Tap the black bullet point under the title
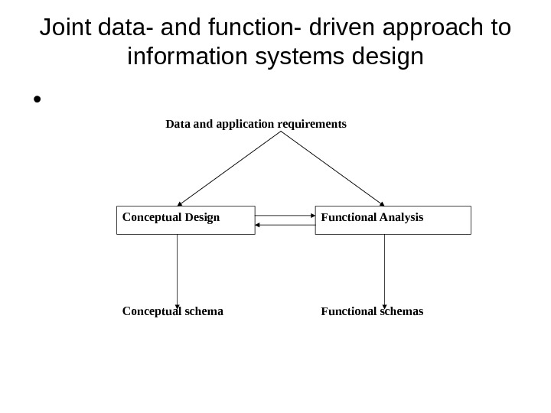[35, 100]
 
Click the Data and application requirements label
[256, 123]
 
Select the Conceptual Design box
[185, 220]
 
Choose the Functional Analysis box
[393, 220]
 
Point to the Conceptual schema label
[173, 312]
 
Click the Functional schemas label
[372, 312]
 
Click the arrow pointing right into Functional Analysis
[285, 216]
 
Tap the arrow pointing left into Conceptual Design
[285, 225]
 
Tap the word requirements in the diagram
[312, 123]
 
